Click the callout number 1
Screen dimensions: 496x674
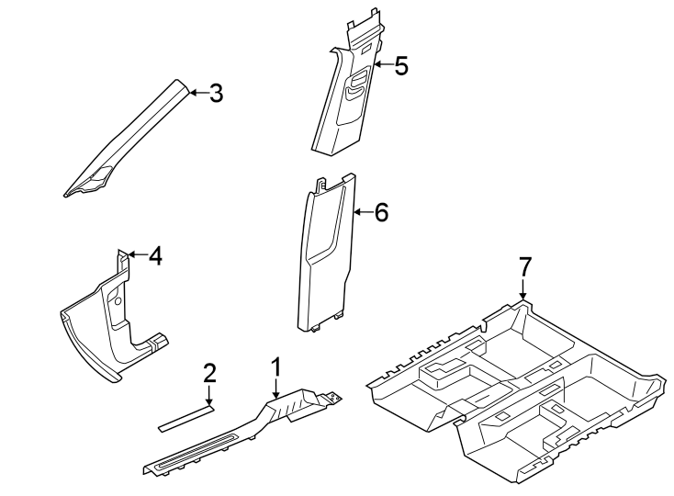(x=275, y=367)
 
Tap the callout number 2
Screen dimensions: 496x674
(x=209, y=372)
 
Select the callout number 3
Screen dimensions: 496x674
(x=216, y=93)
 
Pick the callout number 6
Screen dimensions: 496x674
(x=381, y=213)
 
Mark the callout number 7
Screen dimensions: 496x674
(x=523, y=267)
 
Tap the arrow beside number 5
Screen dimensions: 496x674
(x=380, y=65)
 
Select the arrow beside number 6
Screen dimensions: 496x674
(x=361, y=213)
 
